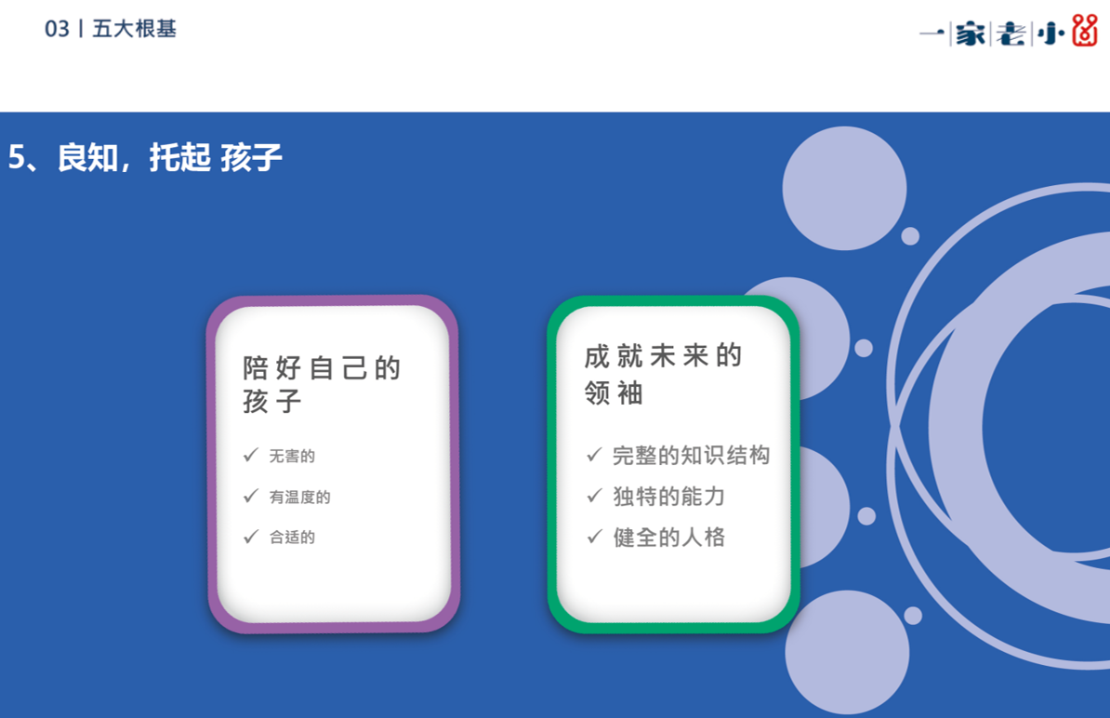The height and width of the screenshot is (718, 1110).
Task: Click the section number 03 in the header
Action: pos(57,29)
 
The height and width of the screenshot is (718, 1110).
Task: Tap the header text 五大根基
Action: pos(135,29)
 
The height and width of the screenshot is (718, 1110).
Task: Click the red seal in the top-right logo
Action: pos(1085,30)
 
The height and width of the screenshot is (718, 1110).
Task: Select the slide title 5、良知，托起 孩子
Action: pos(145,157)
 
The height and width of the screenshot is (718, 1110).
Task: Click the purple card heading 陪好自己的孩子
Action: pos(322,384)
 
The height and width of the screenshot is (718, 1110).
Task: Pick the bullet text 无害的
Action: pos(292,456)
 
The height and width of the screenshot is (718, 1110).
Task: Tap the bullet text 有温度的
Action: pos(299,497)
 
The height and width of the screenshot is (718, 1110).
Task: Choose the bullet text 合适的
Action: pos(292,538)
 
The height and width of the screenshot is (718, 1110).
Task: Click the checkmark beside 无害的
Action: pos(251,455)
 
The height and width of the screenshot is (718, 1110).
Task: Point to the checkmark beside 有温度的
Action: pos(251,496)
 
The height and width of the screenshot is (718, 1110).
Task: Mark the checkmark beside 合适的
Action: pos(251,536)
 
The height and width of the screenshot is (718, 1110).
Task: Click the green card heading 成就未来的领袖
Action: pos(664,374)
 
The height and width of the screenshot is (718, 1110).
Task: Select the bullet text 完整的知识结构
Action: pos(691,456)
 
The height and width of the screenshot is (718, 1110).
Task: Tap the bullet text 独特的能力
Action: pos(669,497)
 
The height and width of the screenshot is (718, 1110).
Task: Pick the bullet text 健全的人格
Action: pos(669,538)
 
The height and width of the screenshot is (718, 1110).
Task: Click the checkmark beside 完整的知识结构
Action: pos(594,454)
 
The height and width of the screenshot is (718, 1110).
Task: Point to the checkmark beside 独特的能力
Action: pos(594,495)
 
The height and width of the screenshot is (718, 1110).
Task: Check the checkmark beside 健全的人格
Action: pos(594,536)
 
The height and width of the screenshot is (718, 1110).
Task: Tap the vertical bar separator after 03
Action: pos(81,29)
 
